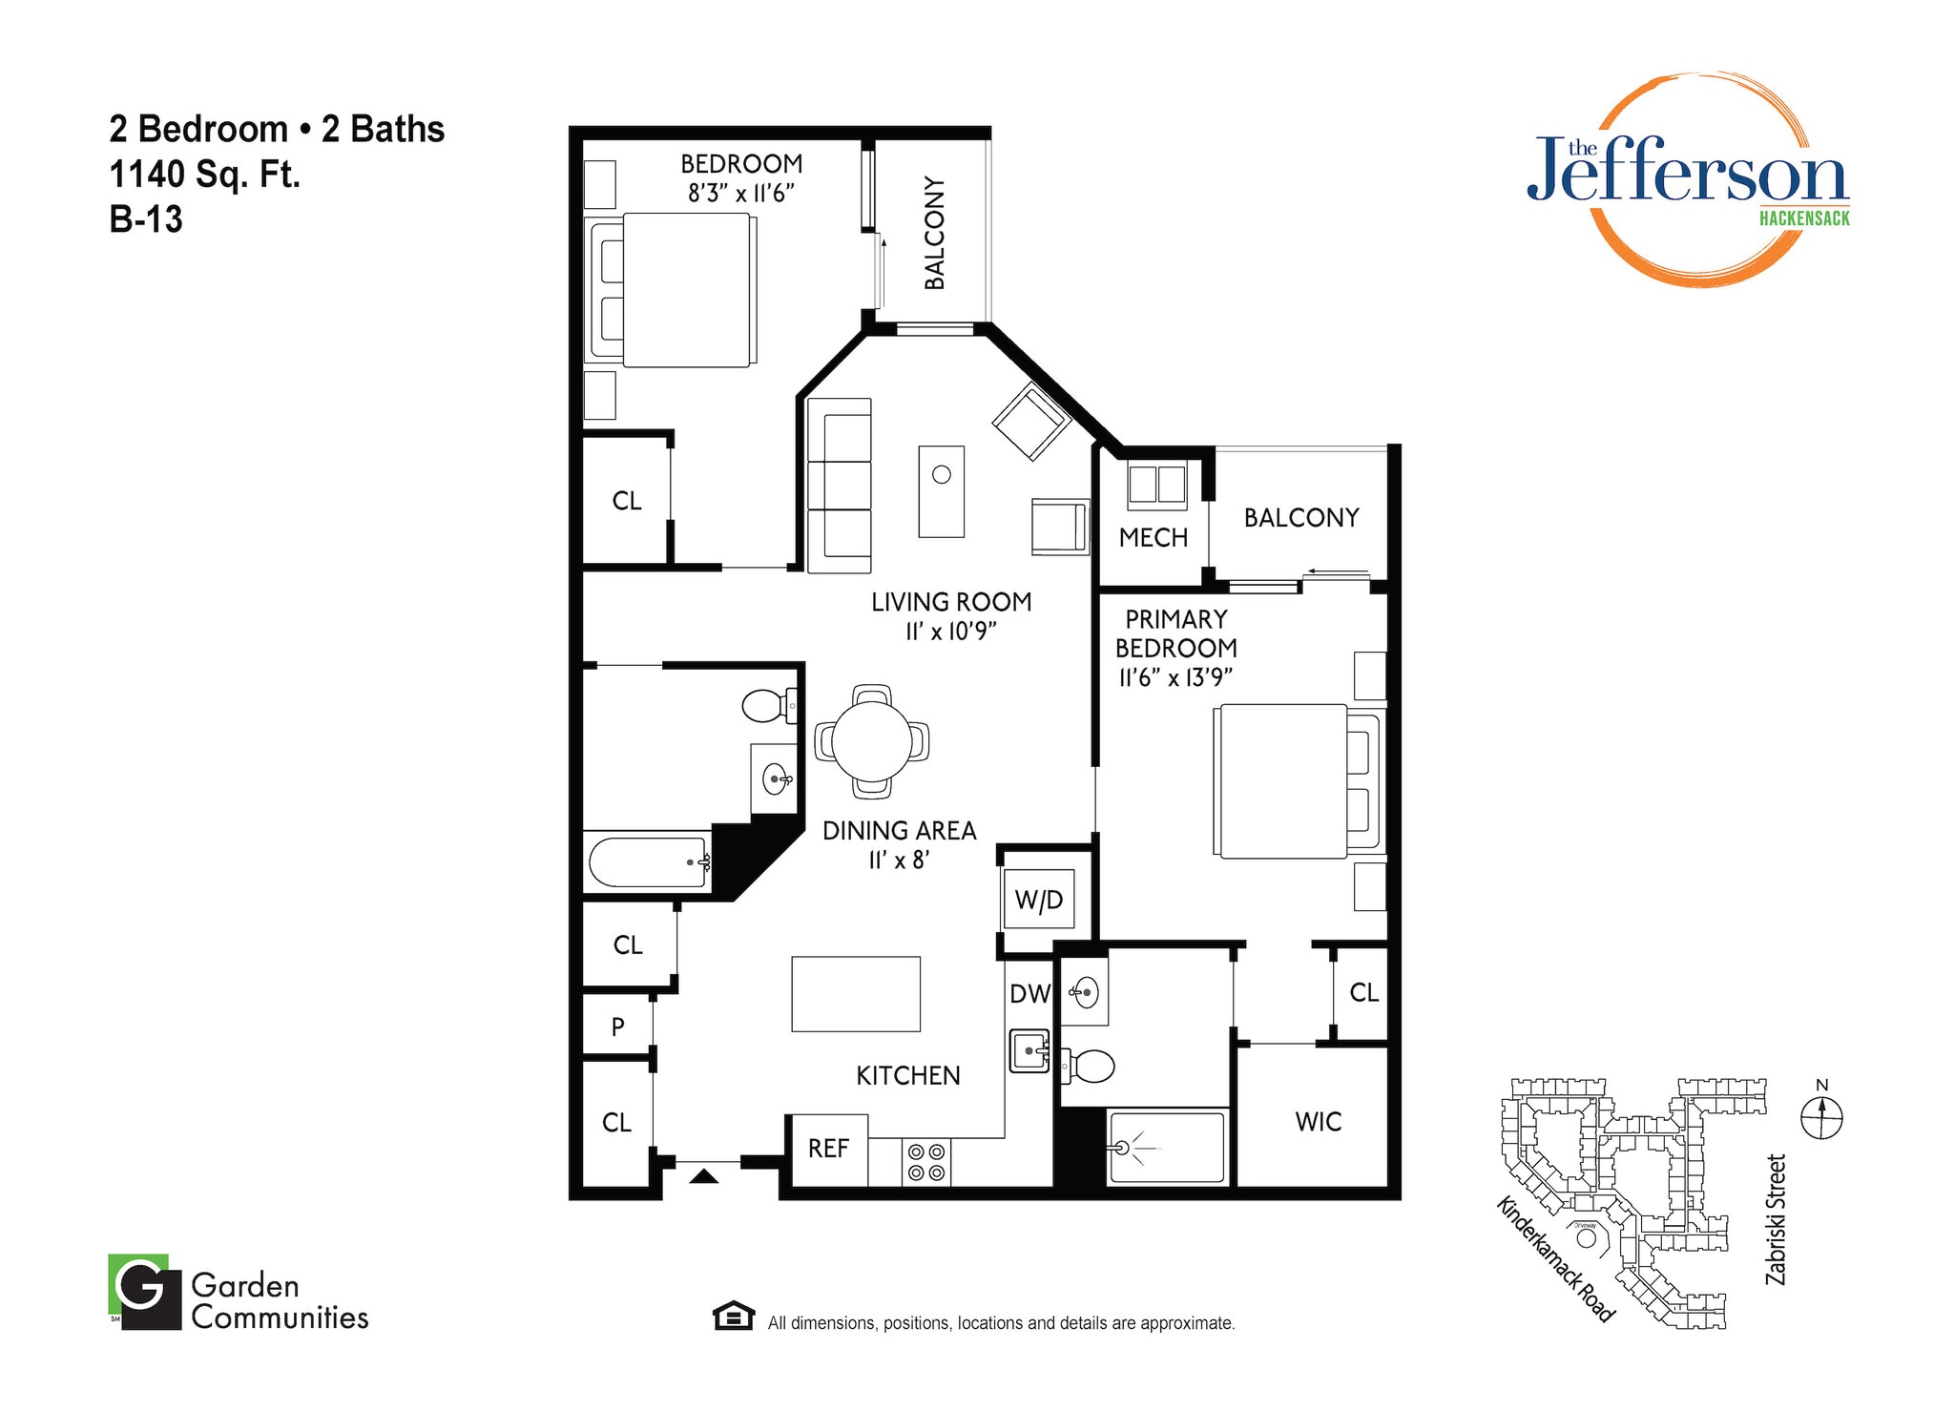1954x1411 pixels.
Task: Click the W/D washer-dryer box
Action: pos(1038,899)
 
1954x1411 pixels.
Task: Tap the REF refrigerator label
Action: pos(827,1149)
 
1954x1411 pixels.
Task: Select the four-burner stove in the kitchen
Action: pos(925,1162)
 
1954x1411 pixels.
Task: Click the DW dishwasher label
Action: pos(1029,994)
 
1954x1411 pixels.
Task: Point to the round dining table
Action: pos(871,741)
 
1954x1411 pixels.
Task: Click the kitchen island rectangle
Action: pos(855,994)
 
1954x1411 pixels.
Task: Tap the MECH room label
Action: pos(1153,538)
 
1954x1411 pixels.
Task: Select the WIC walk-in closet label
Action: pos(1318,1122)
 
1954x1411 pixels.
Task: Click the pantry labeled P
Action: pos(617,1027)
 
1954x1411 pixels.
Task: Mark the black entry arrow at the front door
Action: pos(703,1176)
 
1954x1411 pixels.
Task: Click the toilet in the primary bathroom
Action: pos(1088,1067)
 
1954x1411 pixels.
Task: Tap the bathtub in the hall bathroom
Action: pos(647,861)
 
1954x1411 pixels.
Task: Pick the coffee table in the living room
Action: pos(941,490)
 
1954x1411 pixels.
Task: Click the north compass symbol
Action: pos(1821,1116)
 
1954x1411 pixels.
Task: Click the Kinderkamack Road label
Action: pos(1554,1259)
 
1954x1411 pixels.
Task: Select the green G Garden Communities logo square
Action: pos(143,1290)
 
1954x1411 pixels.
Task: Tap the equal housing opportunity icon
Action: pos(733,1316)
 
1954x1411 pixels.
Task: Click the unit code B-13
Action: pos(146,219)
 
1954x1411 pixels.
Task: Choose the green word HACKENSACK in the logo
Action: pos(1803,218)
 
